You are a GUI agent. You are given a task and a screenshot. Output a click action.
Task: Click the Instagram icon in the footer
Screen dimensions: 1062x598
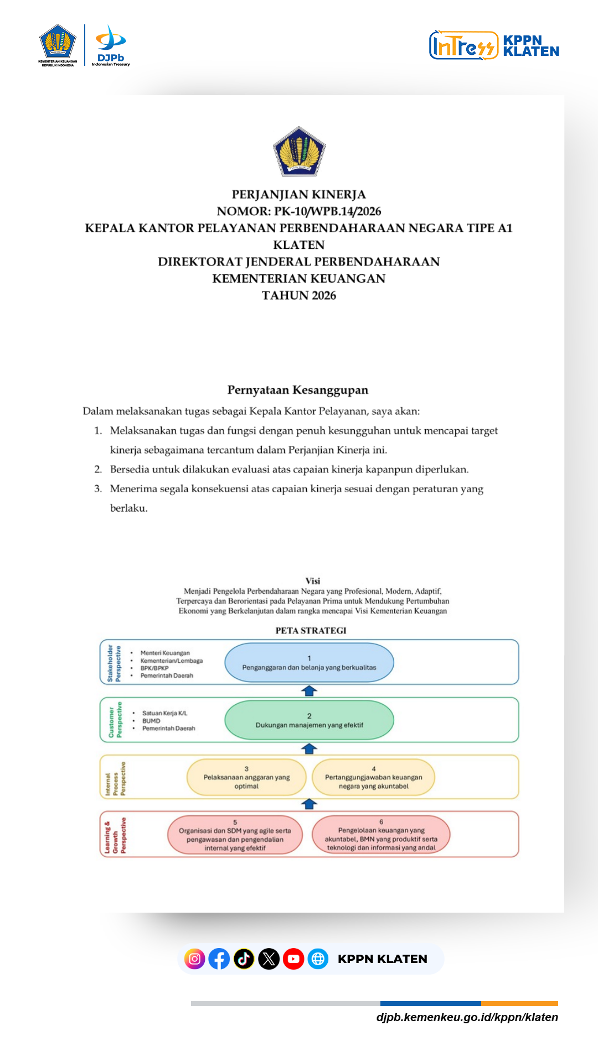point(195,959)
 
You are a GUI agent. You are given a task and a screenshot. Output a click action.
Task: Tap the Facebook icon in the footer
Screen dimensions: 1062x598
point(219,959)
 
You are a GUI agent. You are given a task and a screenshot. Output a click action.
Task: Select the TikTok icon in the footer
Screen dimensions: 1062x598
point(244,959)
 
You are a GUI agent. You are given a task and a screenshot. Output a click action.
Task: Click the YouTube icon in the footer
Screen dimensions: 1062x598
point(293,959)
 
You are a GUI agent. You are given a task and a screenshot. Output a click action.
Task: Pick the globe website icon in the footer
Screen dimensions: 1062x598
point(318,959)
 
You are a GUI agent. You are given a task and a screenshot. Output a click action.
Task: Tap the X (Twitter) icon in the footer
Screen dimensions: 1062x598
point(269,959)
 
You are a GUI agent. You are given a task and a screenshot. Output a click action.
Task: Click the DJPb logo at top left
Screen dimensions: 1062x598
point(111,45)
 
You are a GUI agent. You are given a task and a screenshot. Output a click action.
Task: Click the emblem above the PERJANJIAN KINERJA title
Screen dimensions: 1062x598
point(299,152)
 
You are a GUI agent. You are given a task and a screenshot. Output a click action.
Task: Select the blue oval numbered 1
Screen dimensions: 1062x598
point(309,663)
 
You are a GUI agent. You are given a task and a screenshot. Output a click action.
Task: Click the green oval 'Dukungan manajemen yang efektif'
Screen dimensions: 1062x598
point(309,720)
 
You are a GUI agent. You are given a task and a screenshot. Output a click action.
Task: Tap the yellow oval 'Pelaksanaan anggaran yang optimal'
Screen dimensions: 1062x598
point(246,778)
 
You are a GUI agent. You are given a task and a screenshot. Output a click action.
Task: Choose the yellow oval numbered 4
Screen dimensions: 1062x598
point(374,778)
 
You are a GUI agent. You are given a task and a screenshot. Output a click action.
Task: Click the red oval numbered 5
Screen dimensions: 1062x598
point(235,835)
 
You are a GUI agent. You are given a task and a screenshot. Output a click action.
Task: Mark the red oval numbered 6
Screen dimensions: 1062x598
point(381,835)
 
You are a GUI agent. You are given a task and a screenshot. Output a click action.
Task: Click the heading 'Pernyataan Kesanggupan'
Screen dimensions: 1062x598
point(298,390)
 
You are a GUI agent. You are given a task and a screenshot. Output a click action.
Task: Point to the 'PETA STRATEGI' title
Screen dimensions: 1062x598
point(311,631)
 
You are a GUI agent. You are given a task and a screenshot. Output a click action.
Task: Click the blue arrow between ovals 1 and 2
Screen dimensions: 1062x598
point(309,691)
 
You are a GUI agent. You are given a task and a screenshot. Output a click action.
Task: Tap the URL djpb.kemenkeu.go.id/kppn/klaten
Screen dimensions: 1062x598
point(467,1017)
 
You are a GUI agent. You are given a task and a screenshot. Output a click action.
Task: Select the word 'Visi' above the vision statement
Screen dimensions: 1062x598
point(313,581)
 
